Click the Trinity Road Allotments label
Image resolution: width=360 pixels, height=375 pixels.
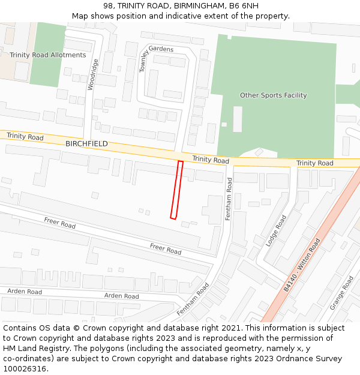48,55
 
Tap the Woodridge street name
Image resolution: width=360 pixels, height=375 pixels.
92,74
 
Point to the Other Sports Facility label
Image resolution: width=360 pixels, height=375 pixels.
273,95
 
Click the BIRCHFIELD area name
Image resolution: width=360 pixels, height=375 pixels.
86,144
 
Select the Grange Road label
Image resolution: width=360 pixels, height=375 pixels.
341,293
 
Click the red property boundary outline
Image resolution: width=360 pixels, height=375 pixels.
176,190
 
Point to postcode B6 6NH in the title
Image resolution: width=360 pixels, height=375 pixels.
244,6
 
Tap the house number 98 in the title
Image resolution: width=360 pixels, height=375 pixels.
109,6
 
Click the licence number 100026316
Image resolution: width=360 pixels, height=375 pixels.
24,369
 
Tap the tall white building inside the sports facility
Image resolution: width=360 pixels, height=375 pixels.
238,119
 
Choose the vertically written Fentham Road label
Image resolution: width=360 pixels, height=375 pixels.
229,199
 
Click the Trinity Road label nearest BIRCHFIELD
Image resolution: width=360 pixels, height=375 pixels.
25,137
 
